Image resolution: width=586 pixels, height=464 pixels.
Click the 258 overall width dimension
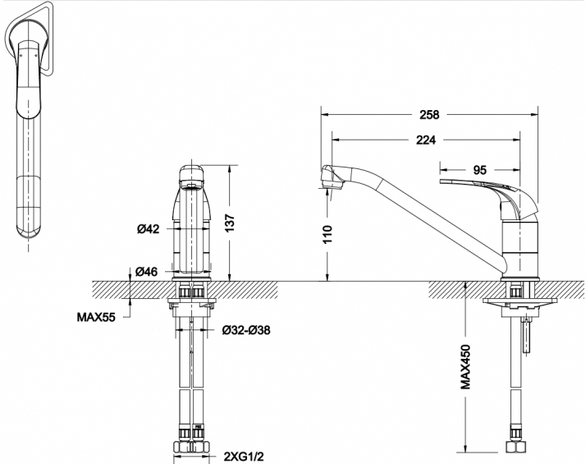pos(429,114)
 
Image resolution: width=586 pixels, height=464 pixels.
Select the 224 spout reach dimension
pos(426,140)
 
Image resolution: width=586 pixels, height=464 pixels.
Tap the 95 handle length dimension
pos(480,170)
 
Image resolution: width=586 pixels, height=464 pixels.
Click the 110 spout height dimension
pos(327,234)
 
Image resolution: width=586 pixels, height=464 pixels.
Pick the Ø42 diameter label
pos(148,228)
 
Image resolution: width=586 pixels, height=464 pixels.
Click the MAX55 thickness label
pos(96,317)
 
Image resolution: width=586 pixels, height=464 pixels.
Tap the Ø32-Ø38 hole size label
pos(246,330)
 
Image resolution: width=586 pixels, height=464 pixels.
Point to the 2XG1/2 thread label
pos(244,456)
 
